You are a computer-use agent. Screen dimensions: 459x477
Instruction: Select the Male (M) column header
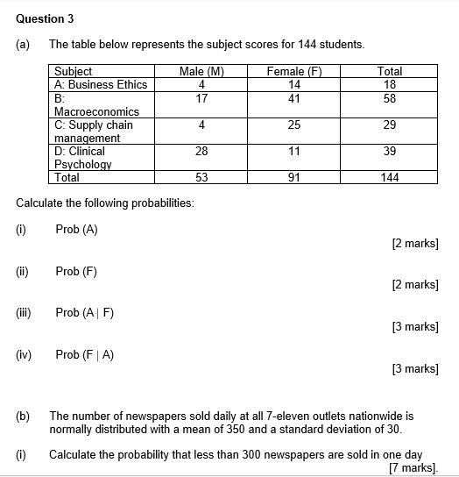click(x=201, y=71)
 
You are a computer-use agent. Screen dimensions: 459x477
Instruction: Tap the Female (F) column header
click(x=294, y=71)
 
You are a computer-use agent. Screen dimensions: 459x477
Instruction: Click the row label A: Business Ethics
click(x=101, y=84)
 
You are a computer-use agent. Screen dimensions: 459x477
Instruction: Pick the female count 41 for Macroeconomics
click(x=294, y=98)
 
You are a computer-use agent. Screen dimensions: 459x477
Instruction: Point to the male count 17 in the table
click(x=201, y=98)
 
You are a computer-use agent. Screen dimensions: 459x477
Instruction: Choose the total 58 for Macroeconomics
click(x=390, y=98)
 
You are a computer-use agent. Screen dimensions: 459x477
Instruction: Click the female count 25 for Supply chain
click(x=294, y=125)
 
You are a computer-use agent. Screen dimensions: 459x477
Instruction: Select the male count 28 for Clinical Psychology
click(x=201, y=152)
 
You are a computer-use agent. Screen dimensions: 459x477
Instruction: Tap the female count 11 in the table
click(x=294, y=152)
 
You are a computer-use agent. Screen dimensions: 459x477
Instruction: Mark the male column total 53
click(x=201, y=177)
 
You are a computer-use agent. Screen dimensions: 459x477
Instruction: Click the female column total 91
click(x=294, y=177)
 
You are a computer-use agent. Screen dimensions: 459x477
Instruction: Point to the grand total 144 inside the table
click(x=390, y=177)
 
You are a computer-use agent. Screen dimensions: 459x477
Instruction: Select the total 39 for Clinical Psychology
click(x=390, y=152)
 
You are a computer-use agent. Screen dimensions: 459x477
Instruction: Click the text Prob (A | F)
click(x=85, y=312)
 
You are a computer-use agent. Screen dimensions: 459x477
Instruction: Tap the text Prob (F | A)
click(x=85, y=354)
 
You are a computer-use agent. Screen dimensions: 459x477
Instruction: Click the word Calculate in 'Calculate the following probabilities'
click(x=40, y=203)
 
